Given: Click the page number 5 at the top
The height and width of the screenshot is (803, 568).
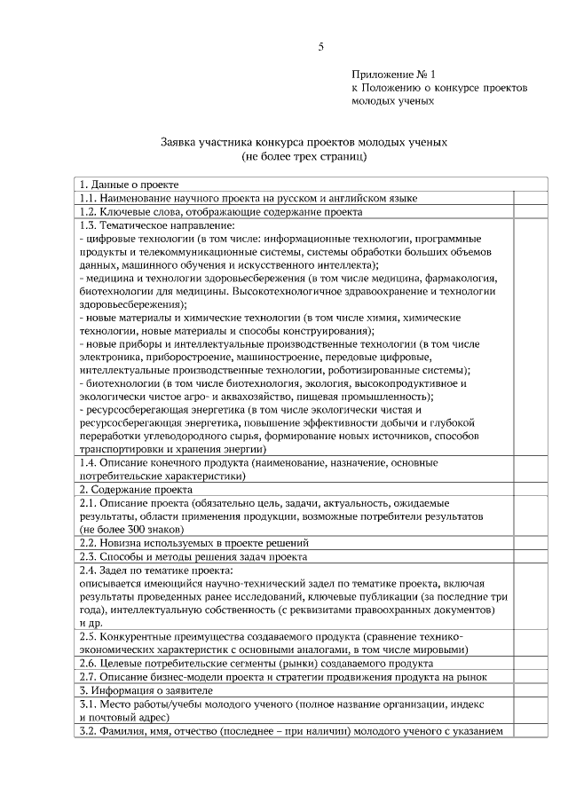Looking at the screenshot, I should pyautogui.click(x=320, y=47).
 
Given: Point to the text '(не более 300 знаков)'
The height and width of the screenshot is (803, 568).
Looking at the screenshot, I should pyautogui.click(x=131, y=529).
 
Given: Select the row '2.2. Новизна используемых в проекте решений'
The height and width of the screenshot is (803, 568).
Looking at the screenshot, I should pyautogui.click(x=193, y=542).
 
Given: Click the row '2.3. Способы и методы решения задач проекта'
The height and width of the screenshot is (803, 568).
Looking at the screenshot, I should pyautogui.click(x=193, y=556).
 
